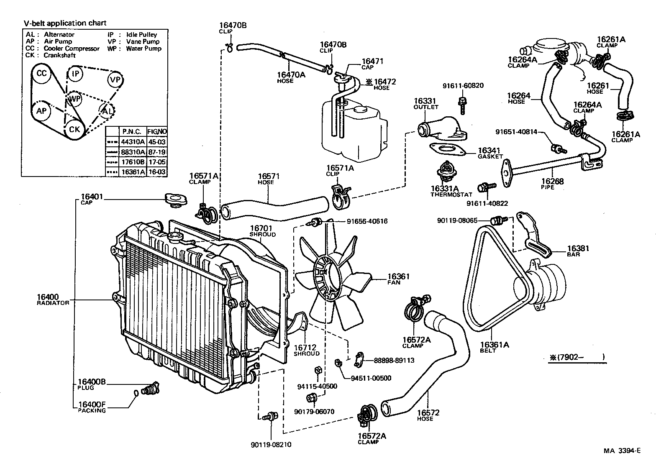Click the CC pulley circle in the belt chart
tap(41, 74)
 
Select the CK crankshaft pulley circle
tap(74, 130)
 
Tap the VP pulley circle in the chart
tap(114, 79)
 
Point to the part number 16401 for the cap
tap(92, 197)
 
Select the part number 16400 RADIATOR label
tap(47, 296)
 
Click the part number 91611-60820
tap(463, 86)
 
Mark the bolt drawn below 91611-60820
tap(462, 105)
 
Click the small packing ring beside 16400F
tap(136, 393)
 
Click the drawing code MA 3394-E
tap(622, 451)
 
